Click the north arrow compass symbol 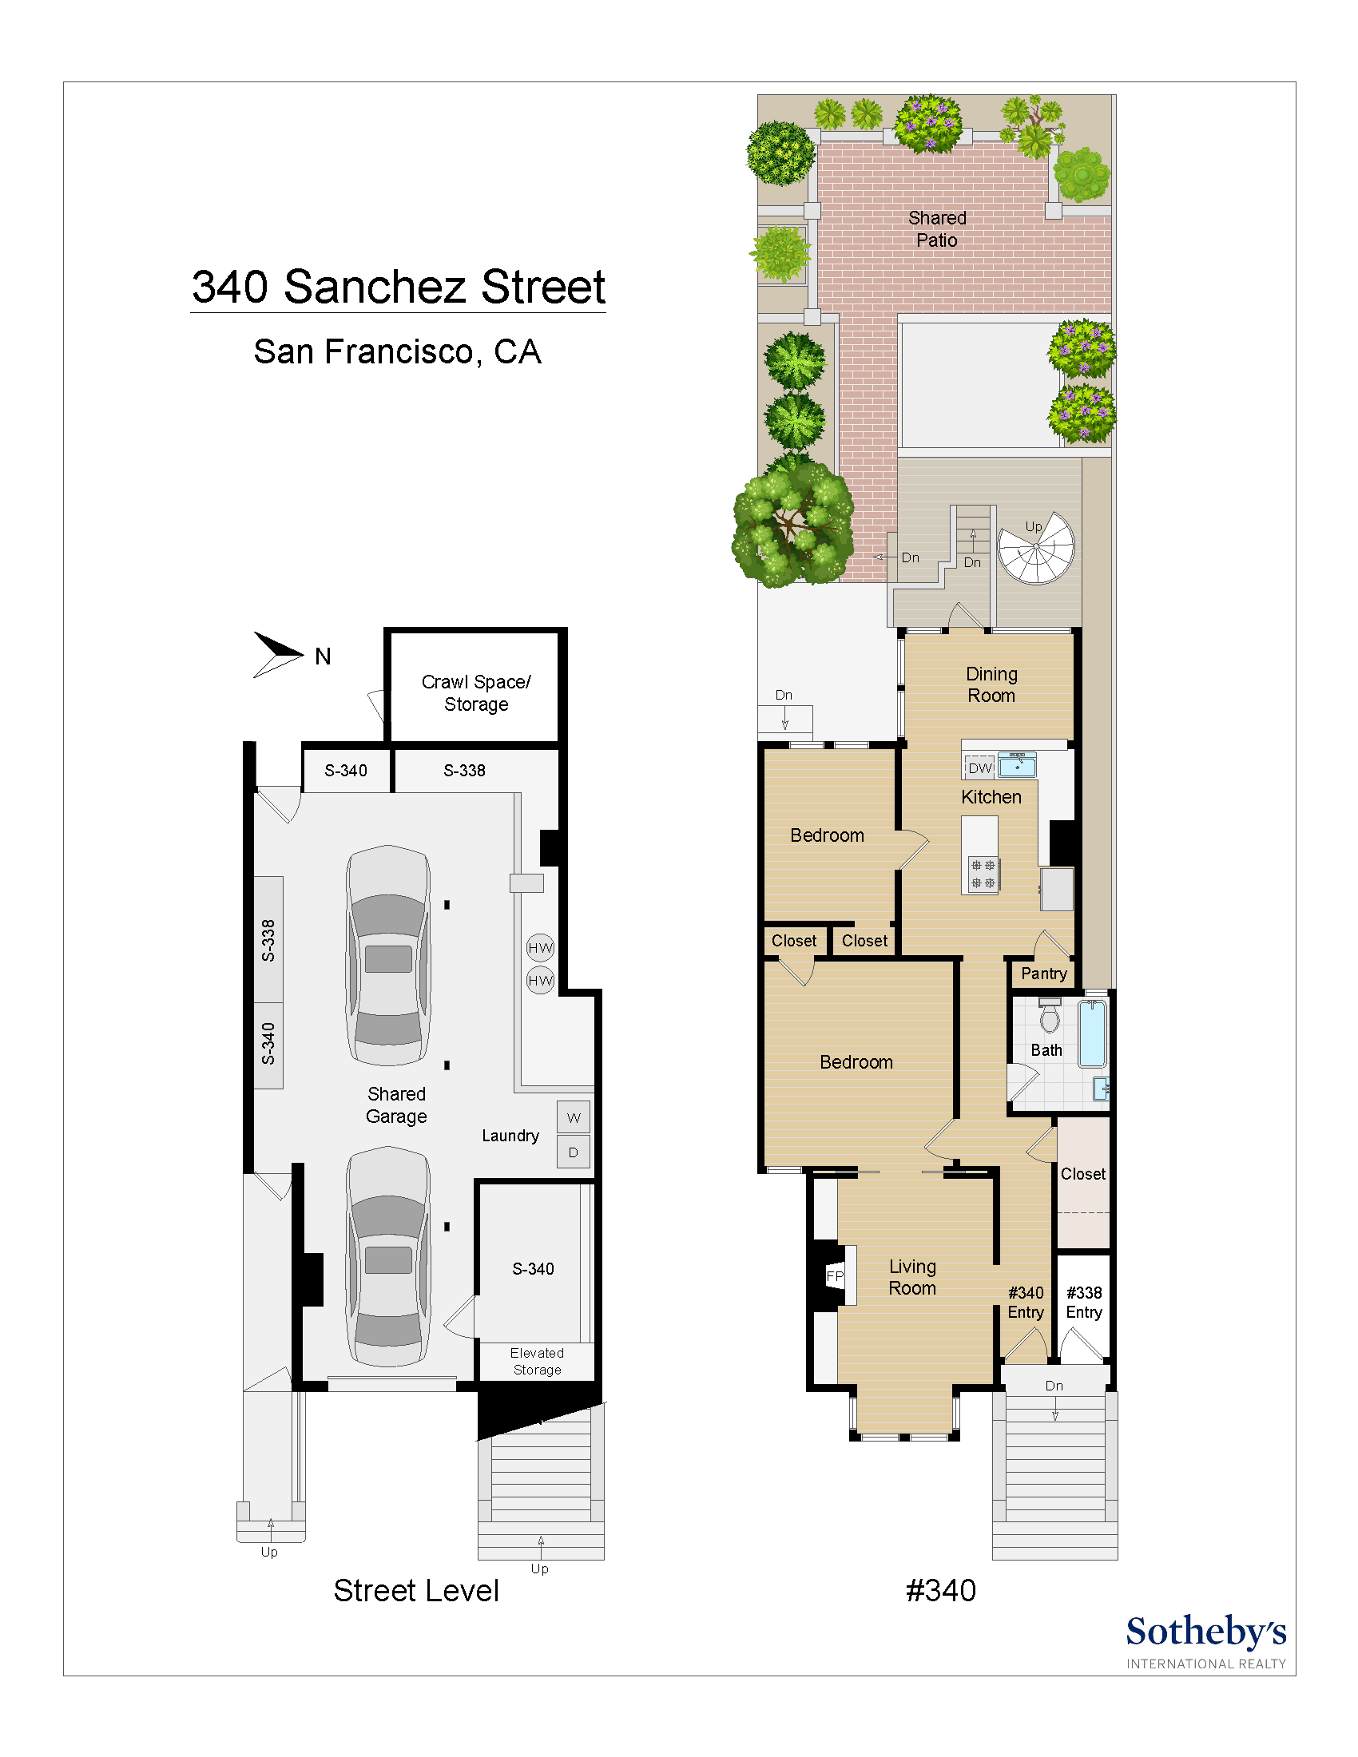[277, 654]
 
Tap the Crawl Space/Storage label [475, 692]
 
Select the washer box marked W [573, 1117]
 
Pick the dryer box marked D [573, 1152]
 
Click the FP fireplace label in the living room [835, 1276]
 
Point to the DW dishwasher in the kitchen [979, 767]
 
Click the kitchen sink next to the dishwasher [1017, 765]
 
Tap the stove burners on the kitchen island [983, 874]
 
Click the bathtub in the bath [1092, 1033]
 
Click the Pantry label [1043, 974]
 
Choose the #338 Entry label [1084, 1302]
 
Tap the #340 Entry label [1026, 1302]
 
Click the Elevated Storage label [537, 1361]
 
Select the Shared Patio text [936, 228]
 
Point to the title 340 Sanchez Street [399, 288]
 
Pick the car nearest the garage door [388, 1256]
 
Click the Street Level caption [416, 1590]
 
